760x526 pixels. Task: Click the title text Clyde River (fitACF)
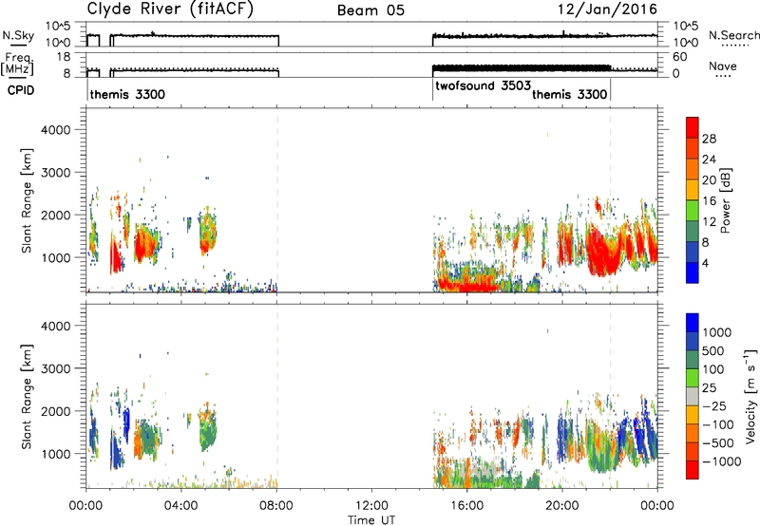(x=170, y=9)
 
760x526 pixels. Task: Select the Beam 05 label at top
(x=370, y=10)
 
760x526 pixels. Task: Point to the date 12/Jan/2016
(x=607, y=9)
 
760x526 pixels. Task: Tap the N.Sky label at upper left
(x=18, y=35)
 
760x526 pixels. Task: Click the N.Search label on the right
(x=733, y=35)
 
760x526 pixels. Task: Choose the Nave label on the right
(x=723, y=66)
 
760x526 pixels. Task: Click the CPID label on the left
(x=21, y=90)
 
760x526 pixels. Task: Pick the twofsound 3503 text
(x=484, y=86)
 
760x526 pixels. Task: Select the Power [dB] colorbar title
(x=725, y=200)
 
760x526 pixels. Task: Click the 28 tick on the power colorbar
(x=709, y=139)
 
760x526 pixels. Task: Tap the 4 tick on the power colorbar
(x=705, y=264)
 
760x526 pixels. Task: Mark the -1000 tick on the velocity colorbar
(x=722, y=461)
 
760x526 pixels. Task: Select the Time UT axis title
(x=371, y=520)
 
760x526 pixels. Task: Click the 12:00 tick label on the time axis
(x=371, y=506)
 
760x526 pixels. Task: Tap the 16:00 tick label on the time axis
(x=466, y=506)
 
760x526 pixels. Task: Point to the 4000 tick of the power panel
(x=56, y=130)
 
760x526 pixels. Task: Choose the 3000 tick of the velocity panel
(x=56, y=368)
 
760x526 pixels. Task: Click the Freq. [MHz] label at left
(x=19, y=65)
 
